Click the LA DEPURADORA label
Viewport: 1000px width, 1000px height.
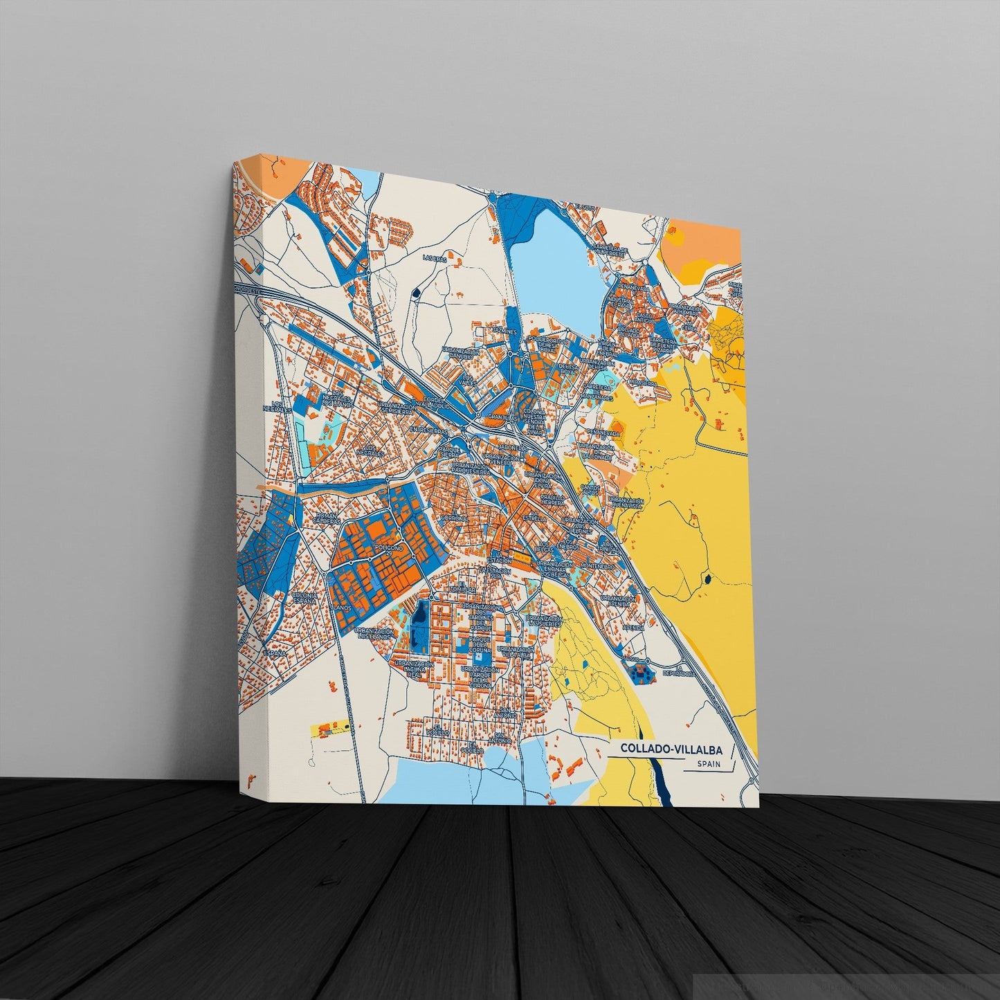point(676,671)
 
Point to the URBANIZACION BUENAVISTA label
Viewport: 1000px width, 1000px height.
point(626,511)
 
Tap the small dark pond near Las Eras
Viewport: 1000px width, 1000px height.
point(415,293)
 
